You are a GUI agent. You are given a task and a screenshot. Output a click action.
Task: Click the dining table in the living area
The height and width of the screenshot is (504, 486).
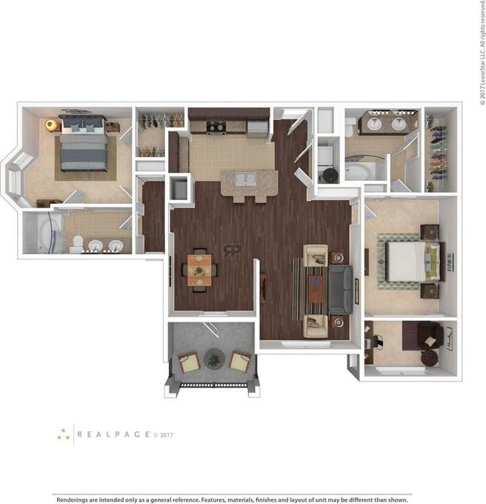coord(199,269)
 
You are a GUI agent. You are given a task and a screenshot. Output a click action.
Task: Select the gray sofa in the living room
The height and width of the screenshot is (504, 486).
coord(341,290)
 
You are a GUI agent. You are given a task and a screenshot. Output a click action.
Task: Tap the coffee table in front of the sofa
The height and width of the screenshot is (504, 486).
coord(314,290)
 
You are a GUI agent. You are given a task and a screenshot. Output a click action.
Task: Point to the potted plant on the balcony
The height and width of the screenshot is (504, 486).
coord(214,360)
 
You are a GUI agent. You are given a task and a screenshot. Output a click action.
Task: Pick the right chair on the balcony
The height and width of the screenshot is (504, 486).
coord(240,362)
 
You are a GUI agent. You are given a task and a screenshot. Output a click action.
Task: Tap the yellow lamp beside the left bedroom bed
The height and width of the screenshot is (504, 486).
coord(51,125)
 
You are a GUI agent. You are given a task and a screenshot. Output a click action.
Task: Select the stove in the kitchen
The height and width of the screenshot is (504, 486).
coord(216,127)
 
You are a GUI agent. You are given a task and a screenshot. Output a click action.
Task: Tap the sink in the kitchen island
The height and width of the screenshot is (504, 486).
coord(244,179)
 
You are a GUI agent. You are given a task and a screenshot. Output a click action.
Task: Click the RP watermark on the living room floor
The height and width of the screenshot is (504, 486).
coord(233,251)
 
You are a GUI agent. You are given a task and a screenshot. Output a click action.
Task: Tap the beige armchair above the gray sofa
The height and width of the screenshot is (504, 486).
coord(316,256)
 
